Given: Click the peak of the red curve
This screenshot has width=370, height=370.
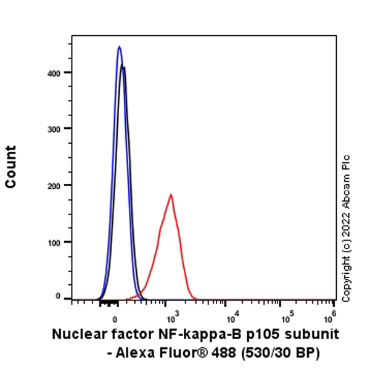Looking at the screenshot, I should pyautogui.click(x=171, y=195).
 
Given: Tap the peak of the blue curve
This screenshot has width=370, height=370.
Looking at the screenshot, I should pyautogui.click(x=120, y=46).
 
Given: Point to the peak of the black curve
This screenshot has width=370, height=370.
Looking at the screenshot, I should pyautogui.click(x=124, y=67).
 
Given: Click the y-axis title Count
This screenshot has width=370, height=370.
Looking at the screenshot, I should pyautogui.click(x=11, y=166).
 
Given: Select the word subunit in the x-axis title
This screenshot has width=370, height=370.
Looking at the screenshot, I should pyautogui.click(x=314, y=335).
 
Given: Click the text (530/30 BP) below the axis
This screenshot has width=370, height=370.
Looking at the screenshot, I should pyautogui.click(x=281, y=351).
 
